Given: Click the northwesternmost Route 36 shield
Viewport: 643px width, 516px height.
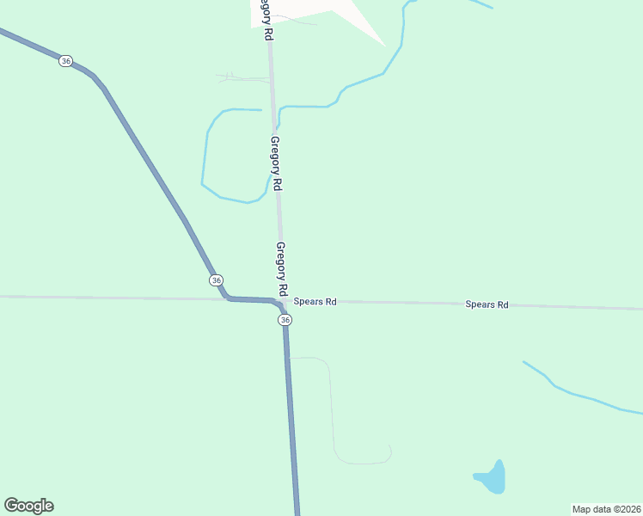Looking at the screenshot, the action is [66, 61].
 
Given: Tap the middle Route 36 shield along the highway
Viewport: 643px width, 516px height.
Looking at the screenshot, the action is [216, 280].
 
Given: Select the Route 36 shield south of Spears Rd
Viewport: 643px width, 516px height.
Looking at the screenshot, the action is [285, 320].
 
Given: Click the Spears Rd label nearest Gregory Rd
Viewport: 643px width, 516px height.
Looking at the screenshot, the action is [315, 302].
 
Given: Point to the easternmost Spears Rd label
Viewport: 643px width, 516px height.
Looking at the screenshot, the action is [487, 304].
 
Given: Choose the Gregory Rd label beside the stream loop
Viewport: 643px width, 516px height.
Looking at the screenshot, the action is [276, 163].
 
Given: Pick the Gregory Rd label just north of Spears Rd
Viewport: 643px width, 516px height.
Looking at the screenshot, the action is [281, 267].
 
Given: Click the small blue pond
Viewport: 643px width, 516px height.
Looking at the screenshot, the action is [491, 478].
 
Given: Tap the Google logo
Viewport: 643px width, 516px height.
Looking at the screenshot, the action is [28, 506].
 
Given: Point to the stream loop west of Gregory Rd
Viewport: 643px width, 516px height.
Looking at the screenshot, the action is [207, 163].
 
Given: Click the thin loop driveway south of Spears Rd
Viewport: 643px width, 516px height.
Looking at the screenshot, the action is [332, 413].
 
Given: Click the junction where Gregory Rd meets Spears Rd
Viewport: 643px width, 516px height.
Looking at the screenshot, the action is [282, 301].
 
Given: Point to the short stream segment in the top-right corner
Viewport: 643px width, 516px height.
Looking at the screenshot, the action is [481, 3].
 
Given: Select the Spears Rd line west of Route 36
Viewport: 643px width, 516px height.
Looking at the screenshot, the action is [103, 298].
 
